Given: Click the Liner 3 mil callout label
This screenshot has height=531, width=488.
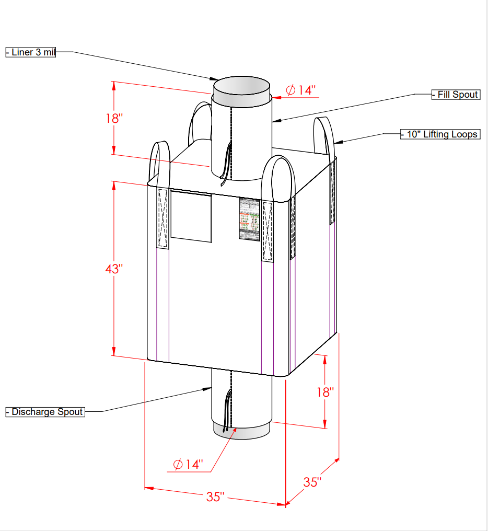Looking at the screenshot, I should pos(31,52).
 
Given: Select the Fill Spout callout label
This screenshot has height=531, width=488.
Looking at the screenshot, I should pos(456,95).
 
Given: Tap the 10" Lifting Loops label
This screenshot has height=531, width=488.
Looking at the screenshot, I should pos(440,134).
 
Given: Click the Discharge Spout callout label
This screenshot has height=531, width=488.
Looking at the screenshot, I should pos(45,412).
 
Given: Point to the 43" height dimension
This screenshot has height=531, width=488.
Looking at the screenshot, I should pos(113,269).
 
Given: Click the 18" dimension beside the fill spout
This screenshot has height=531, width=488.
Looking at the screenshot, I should pos(113,118).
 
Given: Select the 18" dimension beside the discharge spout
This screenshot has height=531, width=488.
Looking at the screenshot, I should pos(324,392).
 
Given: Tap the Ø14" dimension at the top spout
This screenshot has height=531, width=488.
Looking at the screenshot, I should pos(301,90).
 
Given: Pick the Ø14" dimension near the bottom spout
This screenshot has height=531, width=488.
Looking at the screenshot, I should pos(188,464).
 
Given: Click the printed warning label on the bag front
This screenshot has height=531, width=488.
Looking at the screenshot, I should pos(249,218).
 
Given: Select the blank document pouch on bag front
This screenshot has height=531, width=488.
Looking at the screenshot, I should pos(191,216).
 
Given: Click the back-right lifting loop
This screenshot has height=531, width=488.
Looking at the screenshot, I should pos(324,136).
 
